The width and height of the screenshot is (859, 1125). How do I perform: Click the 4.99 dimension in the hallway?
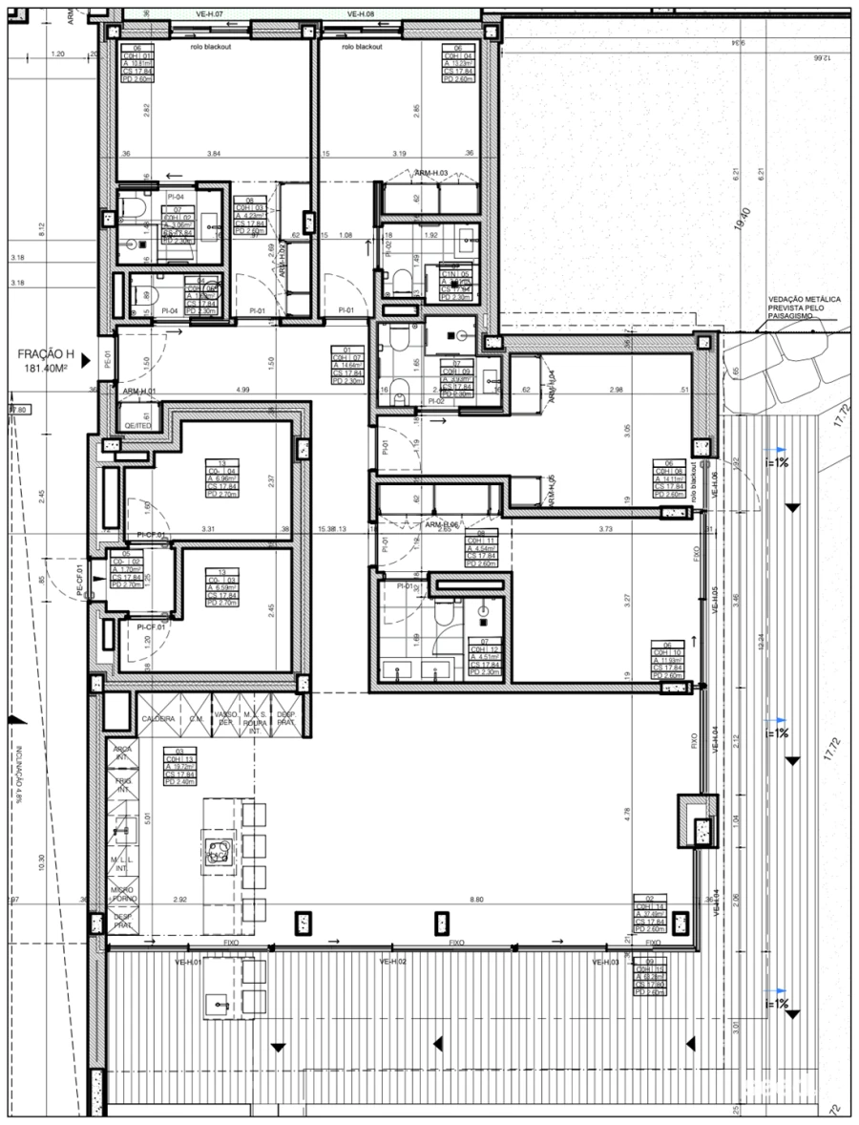pos(241,390)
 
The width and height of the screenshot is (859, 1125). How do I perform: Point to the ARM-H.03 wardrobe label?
pos(432,173)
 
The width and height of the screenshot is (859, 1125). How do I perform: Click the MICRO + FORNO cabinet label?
pos(122,895)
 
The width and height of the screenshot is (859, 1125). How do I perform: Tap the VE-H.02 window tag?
pos(393,962)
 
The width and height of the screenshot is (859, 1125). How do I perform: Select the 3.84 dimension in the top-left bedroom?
pos(213,153)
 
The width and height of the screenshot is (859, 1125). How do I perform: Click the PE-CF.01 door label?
pos(81,582)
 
